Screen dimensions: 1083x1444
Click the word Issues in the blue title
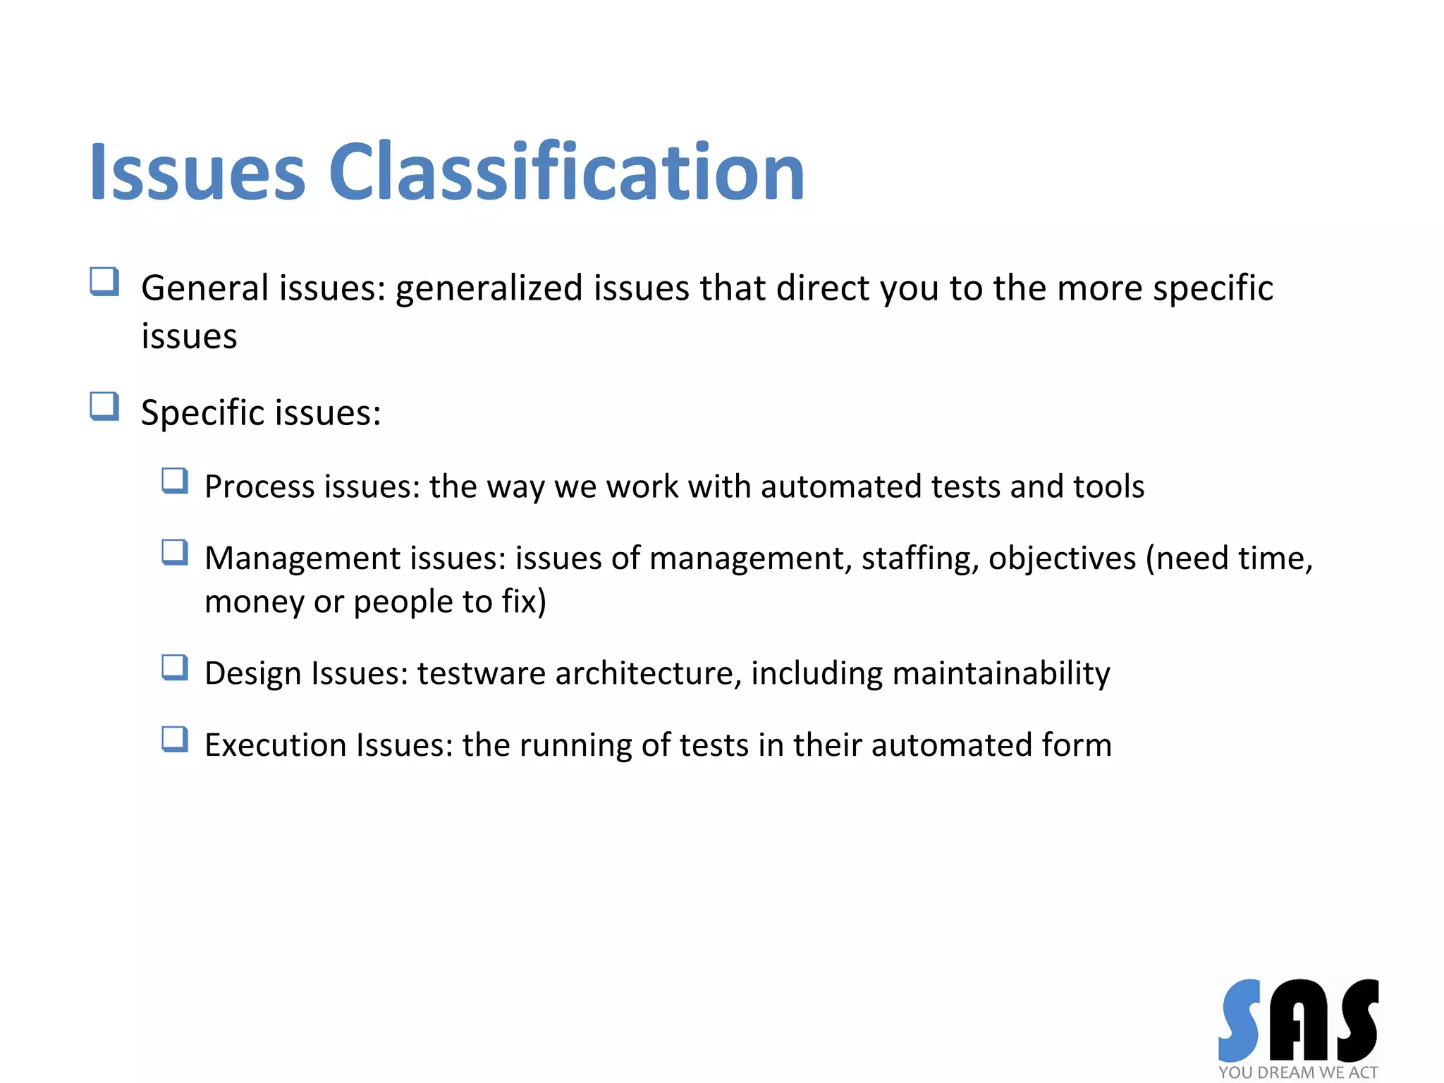tap(197, 173)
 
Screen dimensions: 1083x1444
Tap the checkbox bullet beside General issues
tap(104, 281)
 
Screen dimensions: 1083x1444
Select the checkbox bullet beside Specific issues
tap(104, 406)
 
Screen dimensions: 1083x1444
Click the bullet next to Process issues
tap(174, 481)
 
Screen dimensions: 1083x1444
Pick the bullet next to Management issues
tap(174, 552)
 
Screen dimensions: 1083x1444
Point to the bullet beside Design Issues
tap(174, 667)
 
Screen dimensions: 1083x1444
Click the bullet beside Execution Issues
tap(174, 739)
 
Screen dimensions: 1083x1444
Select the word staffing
tap(919, 558)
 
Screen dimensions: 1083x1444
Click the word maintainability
tap(1001, 673)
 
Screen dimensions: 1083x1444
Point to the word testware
tap(481, 673)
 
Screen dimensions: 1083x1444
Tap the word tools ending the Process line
tap(1108, 487)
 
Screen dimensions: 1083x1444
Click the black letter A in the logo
tap(1299, 1021)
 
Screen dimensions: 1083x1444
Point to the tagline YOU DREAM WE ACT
tap(1297, 1072)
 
